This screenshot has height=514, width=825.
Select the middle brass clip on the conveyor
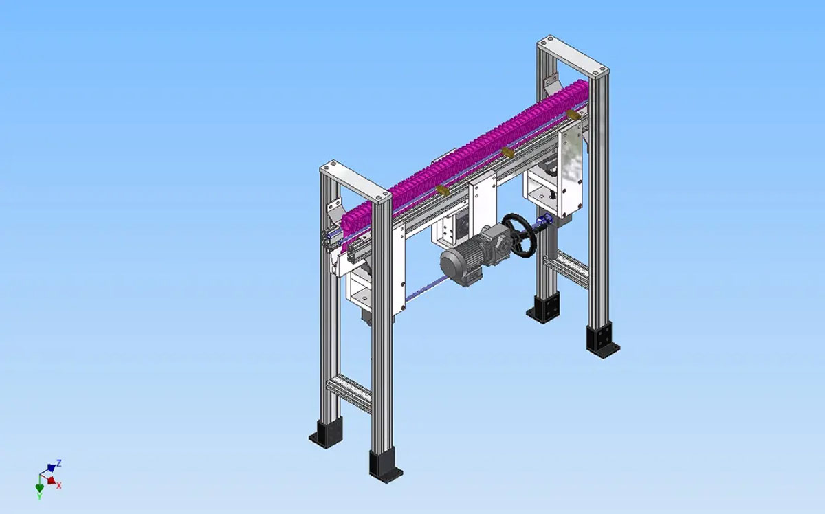[x=507, y=152]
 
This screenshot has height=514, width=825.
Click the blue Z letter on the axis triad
[x=59, y=463]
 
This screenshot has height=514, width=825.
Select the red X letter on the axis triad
[x=59, y=485]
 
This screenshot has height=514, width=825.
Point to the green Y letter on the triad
[x=39, y=496]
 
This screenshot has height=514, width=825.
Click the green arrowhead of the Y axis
[x=39, y=488]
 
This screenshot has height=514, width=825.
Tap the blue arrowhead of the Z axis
[x=51, y=467]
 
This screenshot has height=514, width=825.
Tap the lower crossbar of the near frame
[x=349, y=392]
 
